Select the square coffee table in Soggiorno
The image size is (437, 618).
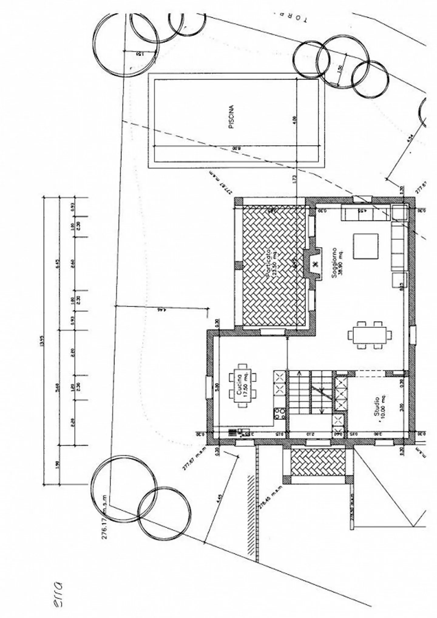coord(366,246)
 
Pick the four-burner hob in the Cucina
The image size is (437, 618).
coord(279,414)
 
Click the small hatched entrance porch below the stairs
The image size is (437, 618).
coord(318,462)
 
